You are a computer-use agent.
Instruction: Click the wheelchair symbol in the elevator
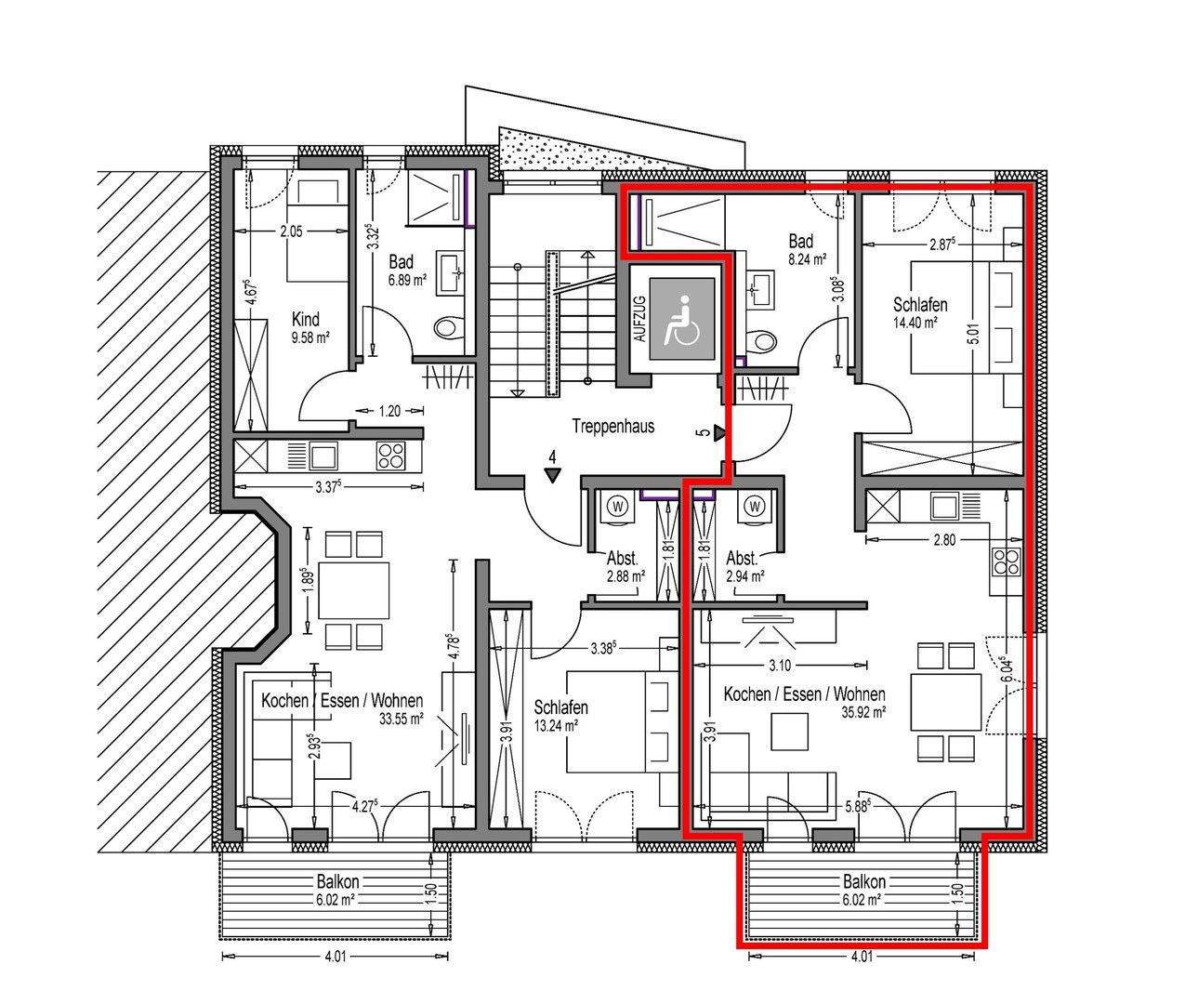point(682,320)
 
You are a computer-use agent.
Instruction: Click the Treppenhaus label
point(612,426)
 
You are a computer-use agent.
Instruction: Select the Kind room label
point(306,319)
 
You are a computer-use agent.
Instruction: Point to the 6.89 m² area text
point(407,281)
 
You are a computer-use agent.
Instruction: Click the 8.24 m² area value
point(808,258)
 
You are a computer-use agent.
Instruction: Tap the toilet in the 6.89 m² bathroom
point(449,328)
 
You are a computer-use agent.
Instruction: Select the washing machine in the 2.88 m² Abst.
point(618,508)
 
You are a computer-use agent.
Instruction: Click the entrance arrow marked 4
point(552,475)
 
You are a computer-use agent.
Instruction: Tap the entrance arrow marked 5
point(719,435)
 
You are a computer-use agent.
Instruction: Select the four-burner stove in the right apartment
point(1007,561)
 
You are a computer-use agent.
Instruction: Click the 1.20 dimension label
point(388,411)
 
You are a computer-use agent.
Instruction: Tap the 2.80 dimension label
point(944,539)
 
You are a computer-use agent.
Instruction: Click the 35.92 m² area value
point(864,712)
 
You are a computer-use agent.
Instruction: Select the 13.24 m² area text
point(556,726)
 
